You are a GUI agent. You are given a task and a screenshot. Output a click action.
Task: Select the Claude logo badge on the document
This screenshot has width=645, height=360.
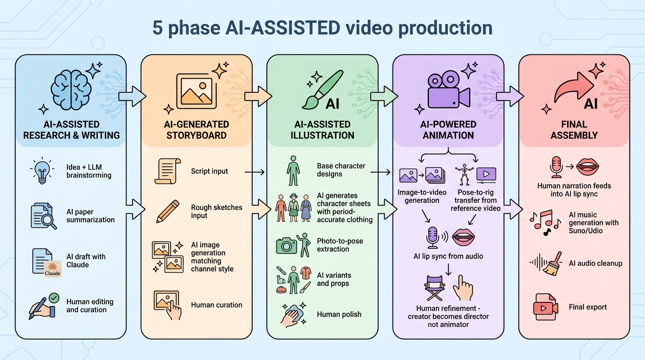[52, 269]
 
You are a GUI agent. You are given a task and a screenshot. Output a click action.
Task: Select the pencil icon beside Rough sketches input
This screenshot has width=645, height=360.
[167, 211]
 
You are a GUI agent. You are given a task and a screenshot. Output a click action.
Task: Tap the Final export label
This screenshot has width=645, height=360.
[587, 307]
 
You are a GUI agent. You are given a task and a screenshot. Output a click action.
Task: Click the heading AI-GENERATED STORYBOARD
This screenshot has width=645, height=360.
[197, 130]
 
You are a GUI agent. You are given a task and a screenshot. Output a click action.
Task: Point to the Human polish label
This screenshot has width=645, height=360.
[339, 314]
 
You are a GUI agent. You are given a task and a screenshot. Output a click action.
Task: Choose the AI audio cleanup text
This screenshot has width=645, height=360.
[595, 263]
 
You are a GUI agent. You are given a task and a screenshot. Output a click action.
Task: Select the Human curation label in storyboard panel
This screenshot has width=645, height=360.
[217, 305]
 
